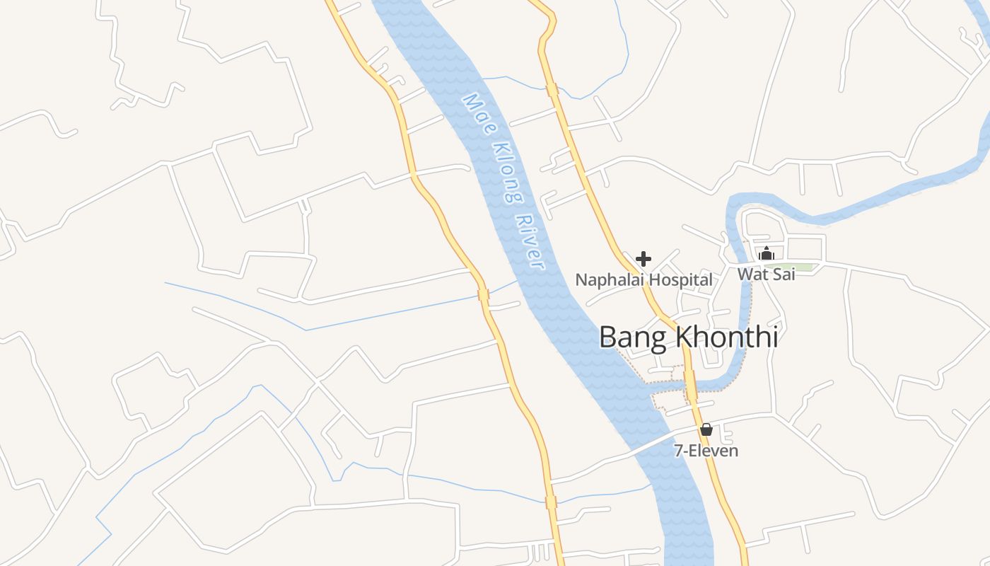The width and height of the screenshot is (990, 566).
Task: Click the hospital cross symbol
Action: (643, 258)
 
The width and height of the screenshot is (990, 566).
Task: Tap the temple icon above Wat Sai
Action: (766, 253)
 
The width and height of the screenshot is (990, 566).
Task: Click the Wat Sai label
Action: (766, 274)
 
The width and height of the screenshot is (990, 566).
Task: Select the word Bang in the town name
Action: (633, 337)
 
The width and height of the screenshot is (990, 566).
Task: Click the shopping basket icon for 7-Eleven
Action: (706, 429)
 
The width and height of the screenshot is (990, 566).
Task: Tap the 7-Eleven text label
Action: (706, 451)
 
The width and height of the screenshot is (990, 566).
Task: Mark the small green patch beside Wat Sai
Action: (803, 267)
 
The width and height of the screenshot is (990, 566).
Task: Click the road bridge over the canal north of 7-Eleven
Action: (690, 385)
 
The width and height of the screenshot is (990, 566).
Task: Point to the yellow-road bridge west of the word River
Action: (484, 294)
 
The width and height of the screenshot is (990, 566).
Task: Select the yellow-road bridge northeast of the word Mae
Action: (552, 90)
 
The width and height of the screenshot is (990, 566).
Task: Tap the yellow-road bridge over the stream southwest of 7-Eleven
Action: (551, 502)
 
